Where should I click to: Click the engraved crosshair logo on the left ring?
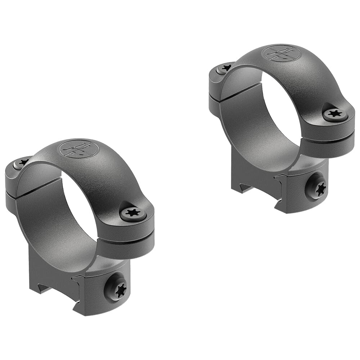click(78, 149)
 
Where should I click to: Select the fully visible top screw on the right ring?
click(335, 114)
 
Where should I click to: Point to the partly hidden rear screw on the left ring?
click(21, 163)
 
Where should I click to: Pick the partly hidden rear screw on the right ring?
click(224, 68)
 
